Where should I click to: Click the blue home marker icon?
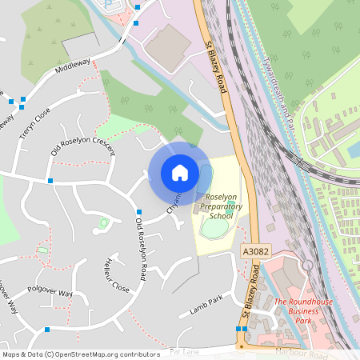point(179,173)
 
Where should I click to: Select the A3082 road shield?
point(254,252)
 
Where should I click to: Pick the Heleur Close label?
point(116,274)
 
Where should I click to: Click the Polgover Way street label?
point(50,294)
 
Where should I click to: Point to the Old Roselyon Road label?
point(141,248)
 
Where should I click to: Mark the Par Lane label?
point(184,350)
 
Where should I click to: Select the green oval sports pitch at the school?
point(214,227)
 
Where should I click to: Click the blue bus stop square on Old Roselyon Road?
point(138,211)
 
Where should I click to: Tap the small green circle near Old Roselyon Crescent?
point(103,222)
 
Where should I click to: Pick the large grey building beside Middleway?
point(168,46)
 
